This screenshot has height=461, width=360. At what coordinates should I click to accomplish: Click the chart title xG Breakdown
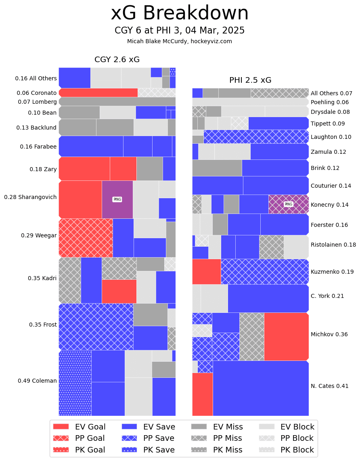click(x=180, y=13)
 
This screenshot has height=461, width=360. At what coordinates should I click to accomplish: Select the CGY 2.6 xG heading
click(x=117, y=60)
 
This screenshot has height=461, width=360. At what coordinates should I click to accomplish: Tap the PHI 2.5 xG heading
click(x=250, y=80)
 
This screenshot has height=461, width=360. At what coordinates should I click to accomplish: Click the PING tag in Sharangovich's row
click(x=117, y=199)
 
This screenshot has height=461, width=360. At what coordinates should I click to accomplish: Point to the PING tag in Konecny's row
click(x=289, y=204)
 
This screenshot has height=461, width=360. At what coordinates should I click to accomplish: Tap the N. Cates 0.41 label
click(x=329, y=386)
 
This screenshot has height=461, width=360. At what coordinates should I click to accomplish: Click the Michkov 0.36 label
click(x=329, y=334)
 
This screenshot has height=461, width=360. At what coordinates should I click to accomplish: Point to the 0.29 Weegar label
click(x=39, y=235)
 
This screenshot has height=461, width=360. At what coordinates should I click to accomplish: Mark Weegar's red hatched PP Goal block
click(x=86, y=238)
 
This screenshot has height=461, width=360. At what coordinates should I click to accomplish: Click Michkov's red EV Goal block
click(x=286, y=336)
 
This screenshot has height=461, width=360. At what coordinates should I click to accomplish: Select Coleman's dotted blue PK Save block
click(x=75, y=383)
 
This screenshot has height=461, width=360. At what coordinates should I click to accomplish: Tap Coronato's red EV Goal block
click(x=98, y=93)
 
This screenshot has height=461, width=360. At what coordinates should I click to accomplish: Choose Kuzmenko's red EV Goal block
click(x=206, y=271)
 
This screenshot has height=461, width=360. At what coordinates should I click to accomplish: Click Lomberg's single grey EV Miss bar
click(x=117, y=102)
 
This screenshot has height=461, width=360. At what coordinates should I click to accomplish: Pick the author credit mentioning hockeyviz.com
click(x=180, y=41)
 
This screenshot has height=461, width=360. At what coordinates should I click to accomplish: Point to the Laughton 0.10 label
click(x=331, y=137)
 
